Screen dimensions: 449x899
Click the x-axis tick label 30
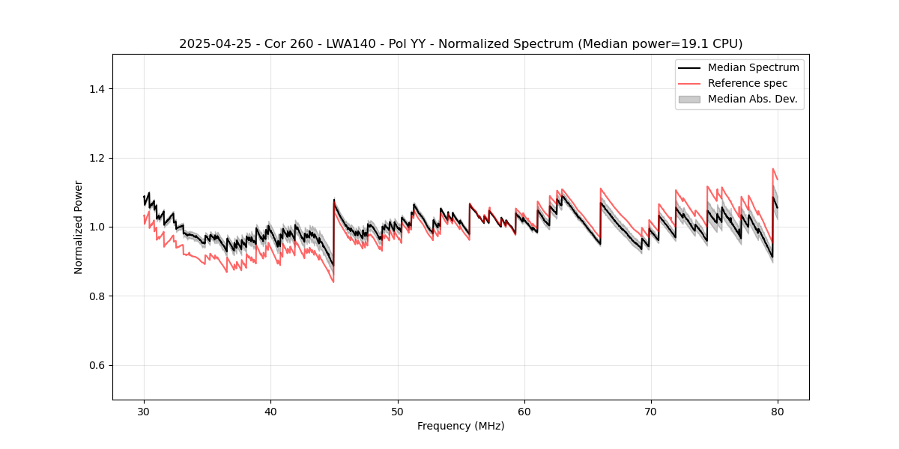coord(144,412)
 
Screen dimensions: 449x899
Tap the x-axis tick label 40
coord(270,412)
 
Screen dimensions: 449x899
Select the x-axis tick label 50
coord(398,412)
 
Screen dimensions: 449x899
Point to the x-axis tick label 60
coord(524,412)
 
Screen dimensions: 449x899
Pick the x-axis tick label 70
coord(651,412)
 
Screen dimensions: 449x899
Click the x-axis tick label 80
coord(778,412)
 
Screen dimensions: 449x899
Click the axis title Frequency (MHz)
coord(461,426)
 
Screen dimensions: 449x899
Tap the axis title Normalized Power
coord(79,227)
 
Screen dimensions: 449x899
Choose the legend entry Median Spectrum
coord(753,67)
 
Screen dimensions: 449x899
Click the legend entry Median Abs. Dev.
coord(752,99)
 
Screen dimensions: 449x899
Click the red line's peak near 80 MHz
coord(773,169)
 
